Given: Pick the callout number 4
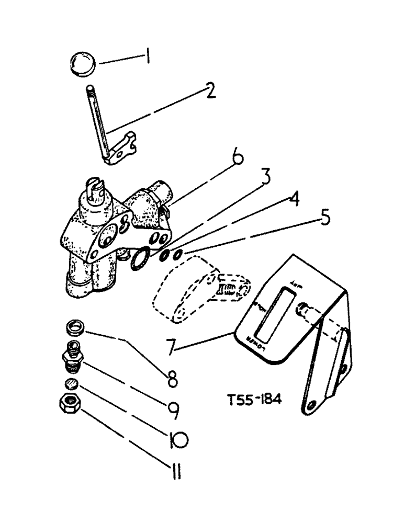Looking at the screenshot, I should click(x=294, y=200).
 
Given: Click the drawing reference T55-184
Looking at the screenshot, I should click(x=255, y=401).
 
